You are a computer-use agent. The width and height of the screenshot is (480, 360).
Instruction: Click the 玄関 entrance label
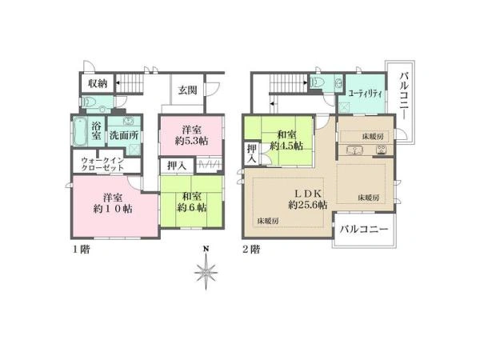(x=188, y=90)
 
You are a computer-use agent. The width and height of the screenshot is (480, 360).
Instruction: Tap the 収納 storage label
(x=98, y=83)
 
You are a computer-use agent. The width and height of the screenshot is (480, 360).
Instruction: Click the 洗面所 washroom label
(x=124, y=135)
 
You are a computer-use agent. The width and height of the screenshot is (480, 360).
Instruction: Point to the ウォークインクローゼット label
(x=102, y=164)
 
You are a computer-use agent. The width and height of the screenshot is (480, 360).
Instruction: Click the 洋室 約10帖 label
(x=113, y=202)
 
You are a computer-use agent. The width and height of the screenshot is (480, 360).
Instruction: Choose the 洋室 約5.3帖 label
(x=192, y=135)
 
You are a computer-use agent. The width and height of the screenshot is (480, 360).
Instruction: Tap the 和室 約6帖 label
(x=192, y=202)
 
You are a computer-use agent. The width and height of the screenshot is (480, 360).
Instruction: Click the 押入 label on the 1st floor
(x=177, y=166)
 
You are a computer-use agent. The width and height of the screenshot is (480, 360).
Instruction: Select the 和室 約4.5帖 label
(x=286, y=140)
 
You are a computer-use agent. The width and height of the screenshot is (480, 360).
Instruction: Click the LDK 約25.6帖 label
(x=308, y=199)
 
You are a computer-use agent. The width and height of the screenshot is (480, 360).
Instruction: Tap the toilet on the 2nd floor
(x=314, y=82)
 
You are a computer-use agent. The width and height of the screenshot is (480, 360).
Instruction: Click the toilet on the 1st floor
(x=89, y=101)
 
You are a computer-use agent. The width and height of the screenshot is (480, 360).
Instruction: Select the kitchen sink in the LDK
(x=354, y=150)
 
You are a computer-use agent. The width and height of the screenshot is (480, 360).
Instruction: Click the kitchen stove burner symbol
(x=382, y=150)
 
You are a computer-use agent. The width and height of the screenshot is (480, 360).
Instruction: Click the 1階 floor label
(x=81, y=250)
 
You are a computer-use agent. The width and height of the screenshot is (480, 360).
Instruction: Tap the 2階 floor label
(x=251, y=250)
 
